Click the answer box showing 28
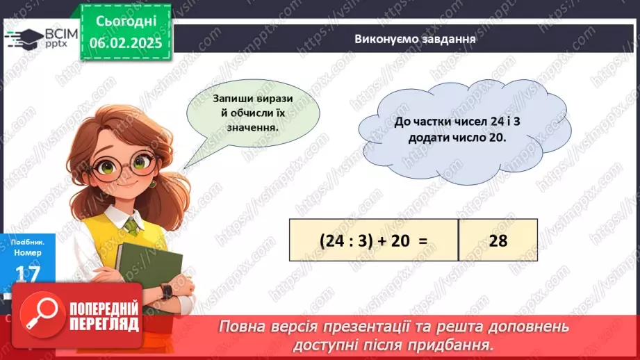coord(498,240)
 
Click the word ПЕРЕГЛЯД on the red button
coord(106,324)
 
